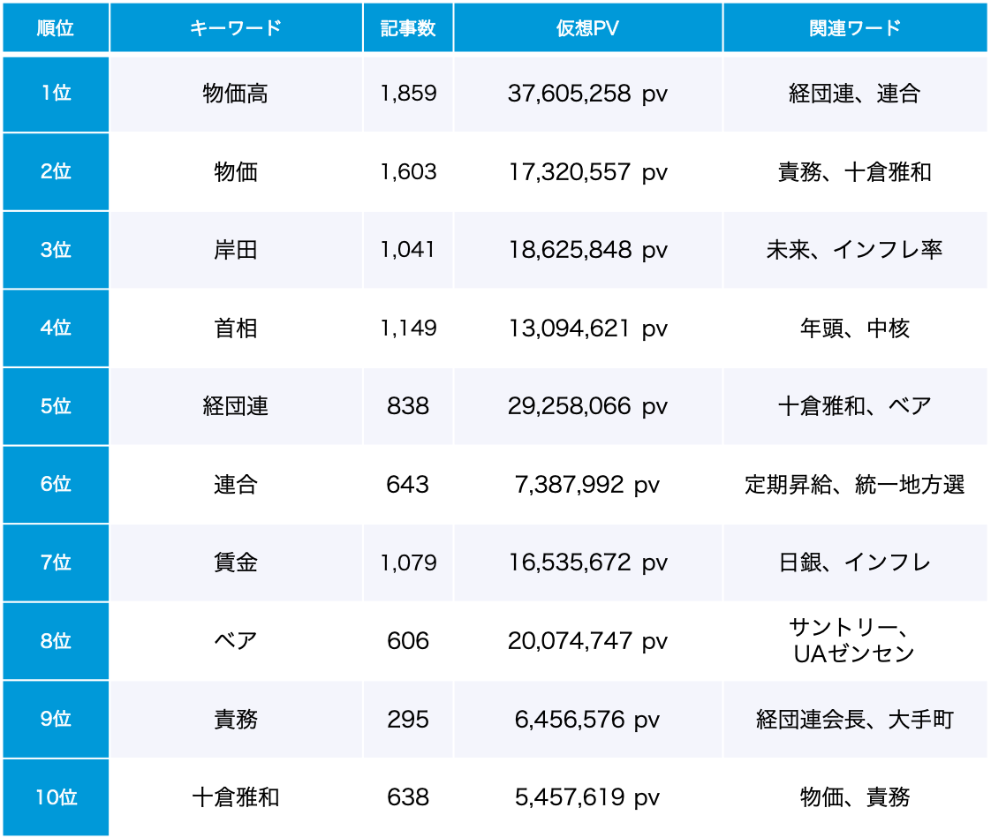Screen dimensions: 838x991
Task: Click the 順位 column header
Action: click(x=55, y=27)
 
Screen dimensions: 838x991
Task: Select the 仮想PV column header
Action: click(x=587, y=27)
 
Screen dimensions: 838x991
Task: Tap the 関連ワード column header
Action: click(x=854, y=27)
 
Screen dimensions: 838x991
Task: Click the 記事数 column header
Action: click(x=408, y=27)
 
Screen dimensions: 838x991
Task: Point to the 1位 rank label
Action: click(x=56, y=94)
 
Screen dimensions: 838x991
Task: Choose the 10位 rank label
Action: click(x=56, y=797)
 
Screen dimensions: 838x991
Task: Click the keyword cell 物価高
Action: click(x=235, y=94)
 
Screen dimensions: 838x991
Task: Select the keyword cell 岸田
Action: click(x=235, y=250)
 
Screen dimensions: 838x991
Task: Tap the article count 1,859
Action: click(x=408, y=94)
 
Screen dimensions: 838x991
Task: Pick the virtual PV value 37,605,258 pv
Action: click(x=587, y=94)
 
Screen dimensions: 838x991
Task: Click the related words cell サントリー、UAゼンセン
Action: click(x=854, y=640)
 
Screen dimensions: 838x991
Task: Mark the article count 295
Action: click(x=408, y=719)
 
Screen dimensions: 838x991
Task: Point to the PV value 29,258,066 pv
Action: click(x=587, y=406)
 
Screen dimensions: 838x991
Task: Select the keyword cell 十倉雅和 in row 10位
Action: click(x=235, y=797)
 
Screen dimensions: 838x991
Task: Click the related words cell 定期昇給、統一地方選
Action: click(x=854, y=485)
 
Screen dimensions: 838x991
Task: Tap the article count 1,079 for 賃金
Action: click(x=408, y=562)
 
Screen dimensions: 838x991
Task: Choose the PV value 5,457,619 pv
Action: click(x=587, y=797)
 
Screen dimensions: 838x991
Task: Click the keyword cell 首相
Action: click(x=235, y=328)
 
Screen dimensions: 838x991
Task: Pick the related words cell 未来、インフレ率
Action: click(x=854, y=250)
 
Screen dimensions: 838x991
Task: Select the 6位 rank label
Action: click(x=56, y=485)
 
